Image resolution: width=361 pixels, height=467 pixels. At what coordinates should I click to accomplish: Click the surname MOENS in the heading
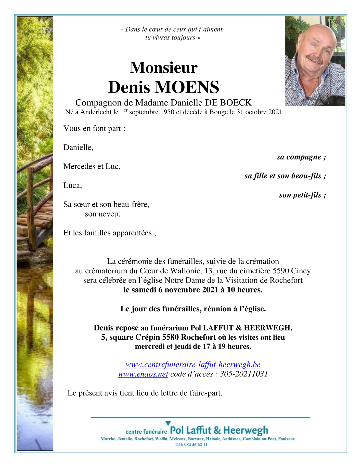coord(187,87)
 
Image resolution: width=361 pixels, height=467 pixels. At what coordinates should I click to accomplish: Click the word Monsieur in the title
coord(164,68)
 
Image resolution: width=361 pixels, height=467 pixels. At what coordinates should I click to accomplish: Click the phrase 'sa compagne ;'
coord(301,157)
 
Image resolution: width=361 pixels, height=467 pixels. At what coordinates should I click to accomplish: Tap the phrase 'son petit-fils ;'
coord(302,195)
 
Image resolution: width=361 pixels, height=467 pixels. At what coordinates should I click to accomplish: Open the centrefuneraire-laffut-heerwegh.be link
coord(193,365)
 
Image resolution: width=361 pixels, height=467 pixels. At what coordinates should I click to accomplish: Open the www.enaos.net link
coord(143,374)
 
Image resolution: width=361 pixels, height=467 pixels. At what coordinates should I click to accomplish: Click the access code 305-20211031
coord(244,374)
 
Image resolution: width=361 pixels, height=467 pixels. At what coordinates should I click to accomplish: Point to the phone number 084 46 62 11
coord(195,445)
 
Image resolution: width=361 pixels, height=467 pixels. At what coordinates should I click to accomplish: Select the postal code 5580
coord(171,337)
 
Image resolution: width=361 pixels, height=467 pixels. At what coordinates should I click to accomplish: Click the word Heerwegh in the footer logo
coord(246,430)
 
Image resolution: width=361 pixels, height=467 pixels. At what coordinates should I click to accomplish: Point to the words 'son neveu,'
coord(102,214)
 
